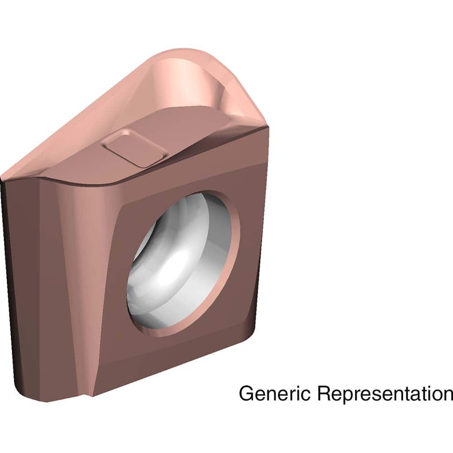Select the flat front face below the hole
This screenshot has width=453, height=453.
pos(181,358)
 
